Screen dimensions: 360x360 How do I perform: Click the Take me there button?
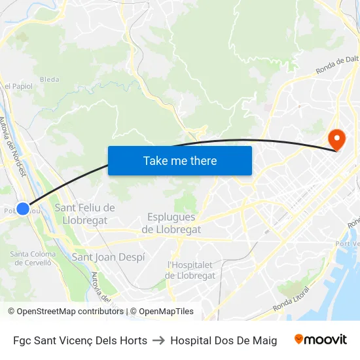180,161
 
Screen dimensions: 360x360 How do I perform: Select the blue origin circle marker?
23,209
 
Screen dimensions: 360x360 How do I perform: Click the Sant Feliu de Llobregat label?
84,214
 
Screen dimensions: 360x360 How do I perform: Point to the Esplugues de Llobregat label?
171,223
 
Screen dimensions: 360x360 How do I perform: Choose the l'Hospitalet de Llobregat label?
191,270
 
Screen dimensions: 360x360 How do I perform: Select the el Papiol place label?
18,86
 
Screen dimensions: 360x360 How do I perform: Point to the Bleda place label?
50,80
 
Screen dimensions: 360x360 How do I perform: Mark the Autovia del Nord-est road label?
12,146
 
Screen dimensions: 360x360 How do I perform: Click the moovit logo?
320,340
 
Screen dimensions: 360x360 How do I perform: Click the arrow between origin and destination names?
158,340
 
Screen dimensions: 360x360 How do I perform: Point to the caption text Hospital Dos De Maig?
223,340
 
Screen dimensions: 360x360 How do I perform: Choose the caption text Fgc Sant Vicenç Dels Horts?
80,340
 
